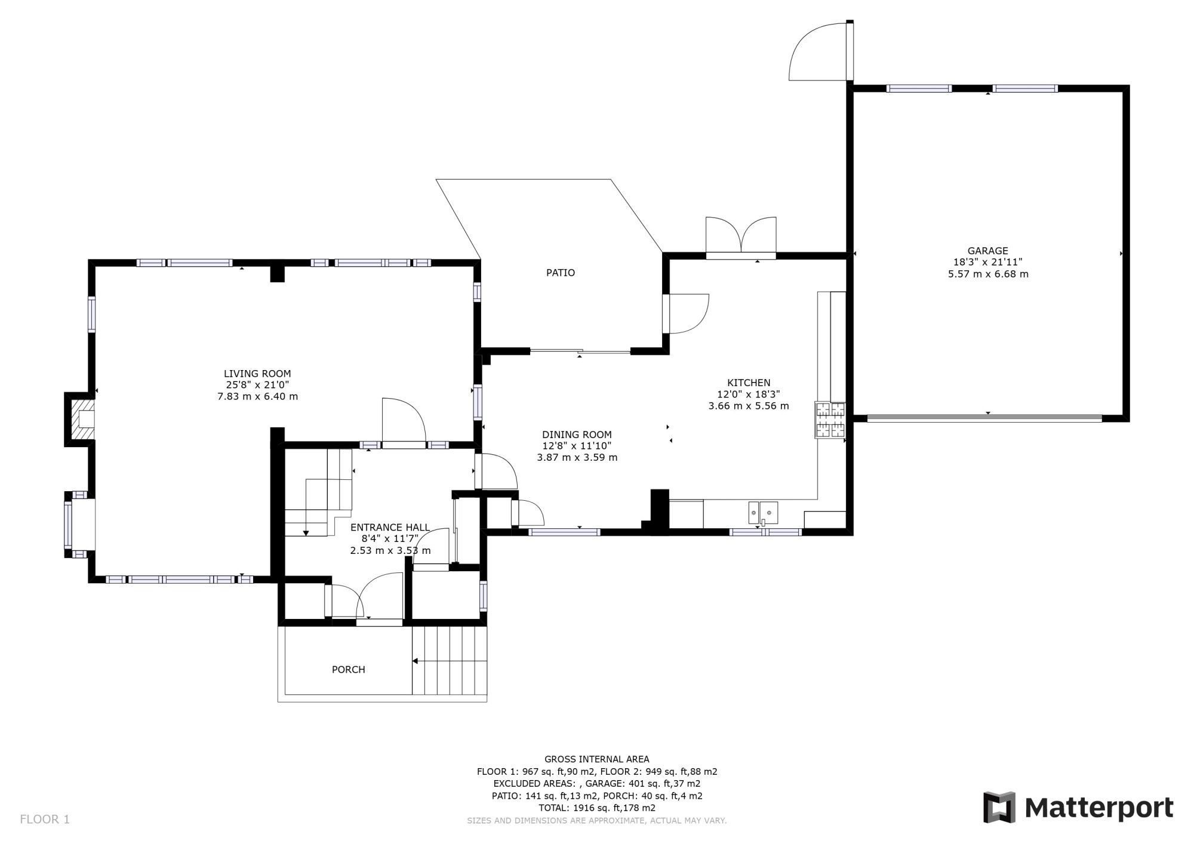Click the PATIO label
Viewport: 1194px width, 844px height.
point(561,273)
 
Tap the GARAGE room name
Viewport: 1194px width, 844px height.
point(987,251)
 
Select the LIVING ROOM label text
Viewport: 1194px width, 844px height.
point(257,374)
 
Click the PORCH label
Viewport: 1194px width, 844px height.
point(348,670)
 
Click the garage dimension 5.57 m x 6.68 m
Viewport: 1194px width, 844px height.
point(987,275)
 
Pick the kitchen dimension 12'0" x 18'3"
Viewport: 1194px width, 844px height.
point(748,394)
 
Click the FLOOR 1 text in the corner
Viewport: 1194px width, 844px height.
point(45,820)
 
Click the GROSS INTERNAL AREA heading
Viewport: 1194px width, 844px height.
point(596,759)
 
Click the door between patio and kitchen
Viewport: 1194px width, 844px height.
point(687,313)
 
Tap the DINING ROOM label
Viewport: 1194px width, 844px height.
point(577,435)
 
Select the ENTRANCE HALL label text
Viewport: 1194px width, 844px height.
point(390,527)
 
